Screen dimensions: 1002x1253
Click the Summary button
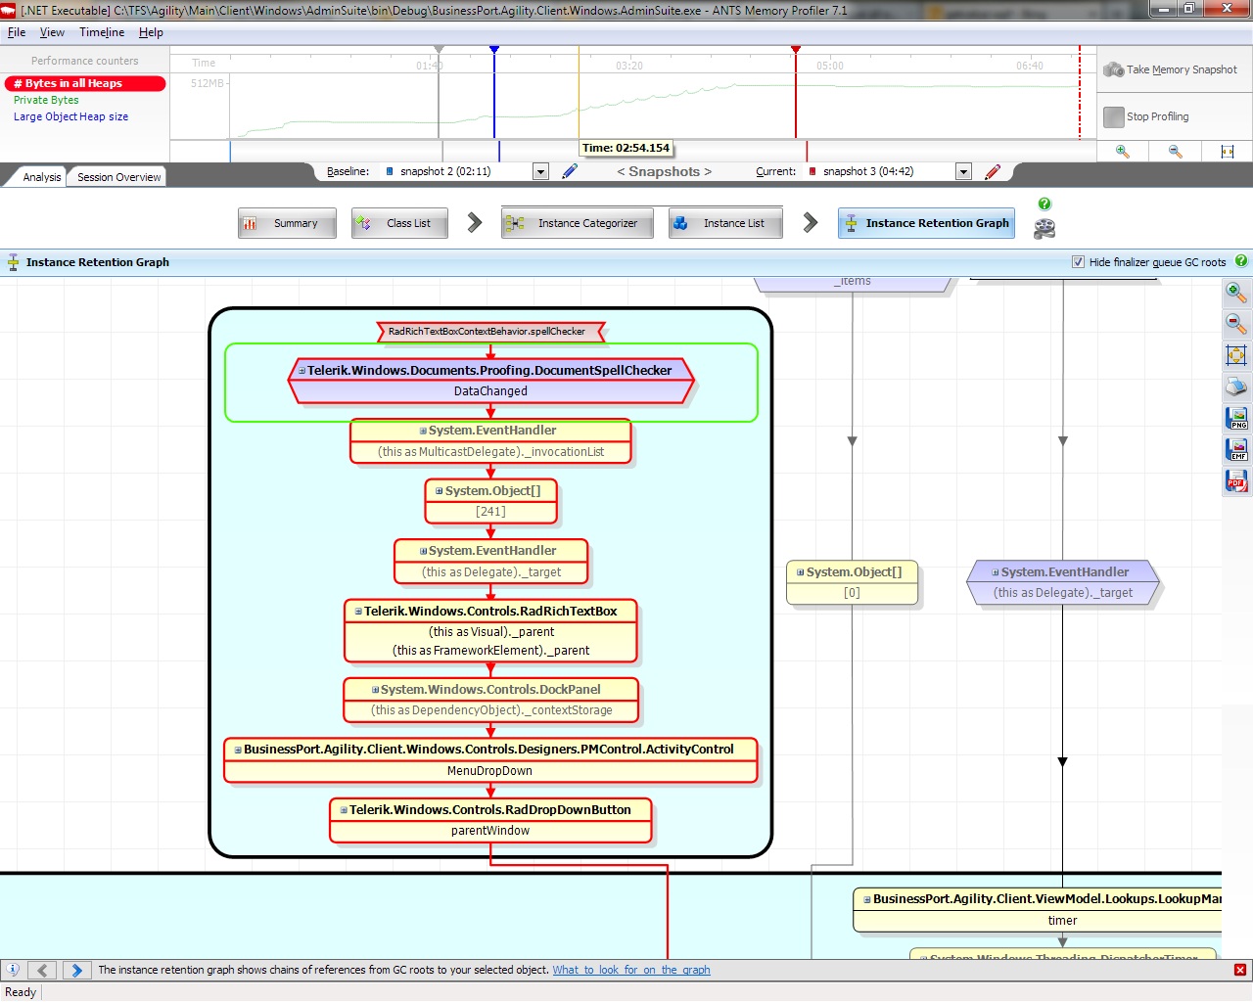point(287,223)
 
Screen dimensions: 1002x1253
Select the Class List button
point(399,223)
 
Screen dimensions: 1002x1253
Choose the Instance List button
point(724,223)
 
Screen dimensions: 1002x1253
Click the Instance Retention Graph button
point(926,223)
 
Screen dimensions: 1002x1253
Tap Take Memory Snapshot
point(1171,69)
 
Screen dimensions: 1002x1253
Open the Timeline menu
point(102,32)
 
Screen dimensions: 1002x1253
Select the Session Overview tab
point(118,177)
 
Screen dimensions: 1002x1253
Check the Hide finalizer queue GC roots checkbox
point(1078,262)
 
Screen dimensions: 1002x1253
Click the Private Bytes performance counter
point(46,100)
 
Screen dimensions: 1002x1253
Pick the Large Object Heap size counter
point(70,116)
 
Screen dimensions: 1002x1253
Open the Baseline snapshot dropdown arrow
point(540,172)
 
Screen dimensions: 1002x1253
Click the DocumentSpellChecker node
point(490,381)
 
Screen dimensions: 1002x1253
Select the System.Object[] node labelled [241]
point(490,501)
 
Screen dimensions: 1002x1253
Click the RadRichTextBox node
point(490,630)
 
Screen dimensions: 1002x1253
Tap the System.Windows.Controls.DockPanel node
point(490,700)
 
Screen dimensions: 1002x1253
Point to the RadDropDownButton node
point(490,820)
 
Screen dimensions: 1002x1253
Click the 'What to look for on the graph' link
point(630,970)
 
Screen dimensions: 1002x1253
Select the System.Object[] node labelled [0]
point(852,582)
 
